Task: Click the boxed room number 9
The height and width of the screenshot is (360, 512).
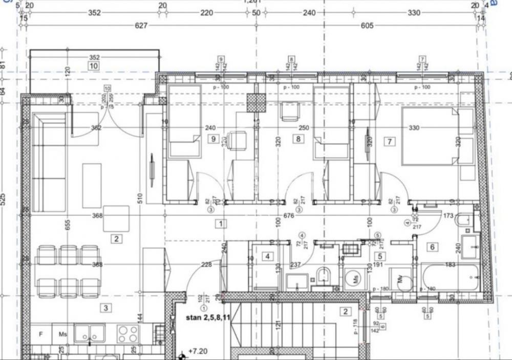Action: tap(210, 138)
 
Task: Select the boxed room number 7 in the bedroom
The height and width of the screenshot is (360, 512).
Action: tap(390, 141)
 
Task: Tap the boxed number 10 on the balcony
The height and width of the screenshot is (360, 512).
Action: tap(93, 66)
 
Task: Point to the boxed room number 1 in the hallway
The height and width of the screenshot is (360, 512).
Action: tap(220, 224)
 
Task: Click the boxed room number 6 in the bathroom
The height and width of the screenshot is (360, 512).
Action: tap(433, 247)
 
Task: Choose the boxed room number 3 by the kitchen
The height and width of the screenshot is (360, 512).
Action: tap(105, 308)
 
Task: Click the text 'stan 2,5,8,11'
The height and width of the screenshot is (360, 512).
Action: tap(208, 317)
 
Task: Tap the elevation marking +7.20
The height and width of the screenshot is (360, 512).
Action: tap(197, 352)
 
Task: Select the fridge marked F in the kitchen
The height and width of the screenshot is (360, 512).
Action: tap(41, 334)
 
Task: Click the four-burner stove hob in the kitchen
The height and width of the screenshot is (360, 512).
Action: tap(127, 334)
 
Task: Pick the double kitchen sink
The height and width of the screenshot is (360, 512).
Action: tap(90, 333)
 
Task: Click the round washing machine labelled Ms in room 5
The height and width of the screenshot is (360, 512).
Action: tap(352, 280)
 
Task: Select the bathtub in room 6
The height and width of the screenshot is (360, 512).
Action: tap(451, 278)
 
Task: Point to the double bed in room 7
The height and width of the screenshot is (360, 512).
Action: tap(429, 136)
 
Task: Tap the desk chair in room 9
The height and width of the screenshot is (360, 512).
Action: tap(237, 141)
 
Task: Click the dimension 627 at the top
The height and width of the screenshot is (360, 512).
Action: tap(141, 26)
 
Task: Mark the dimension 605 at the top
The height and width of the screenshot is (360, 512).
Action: tap(367, 26)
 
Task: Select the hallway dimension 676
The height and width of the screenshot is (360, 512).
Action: tap(289, 216)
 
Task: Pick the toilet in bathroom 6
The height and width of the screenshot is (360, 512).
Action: tap(463, 221)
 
